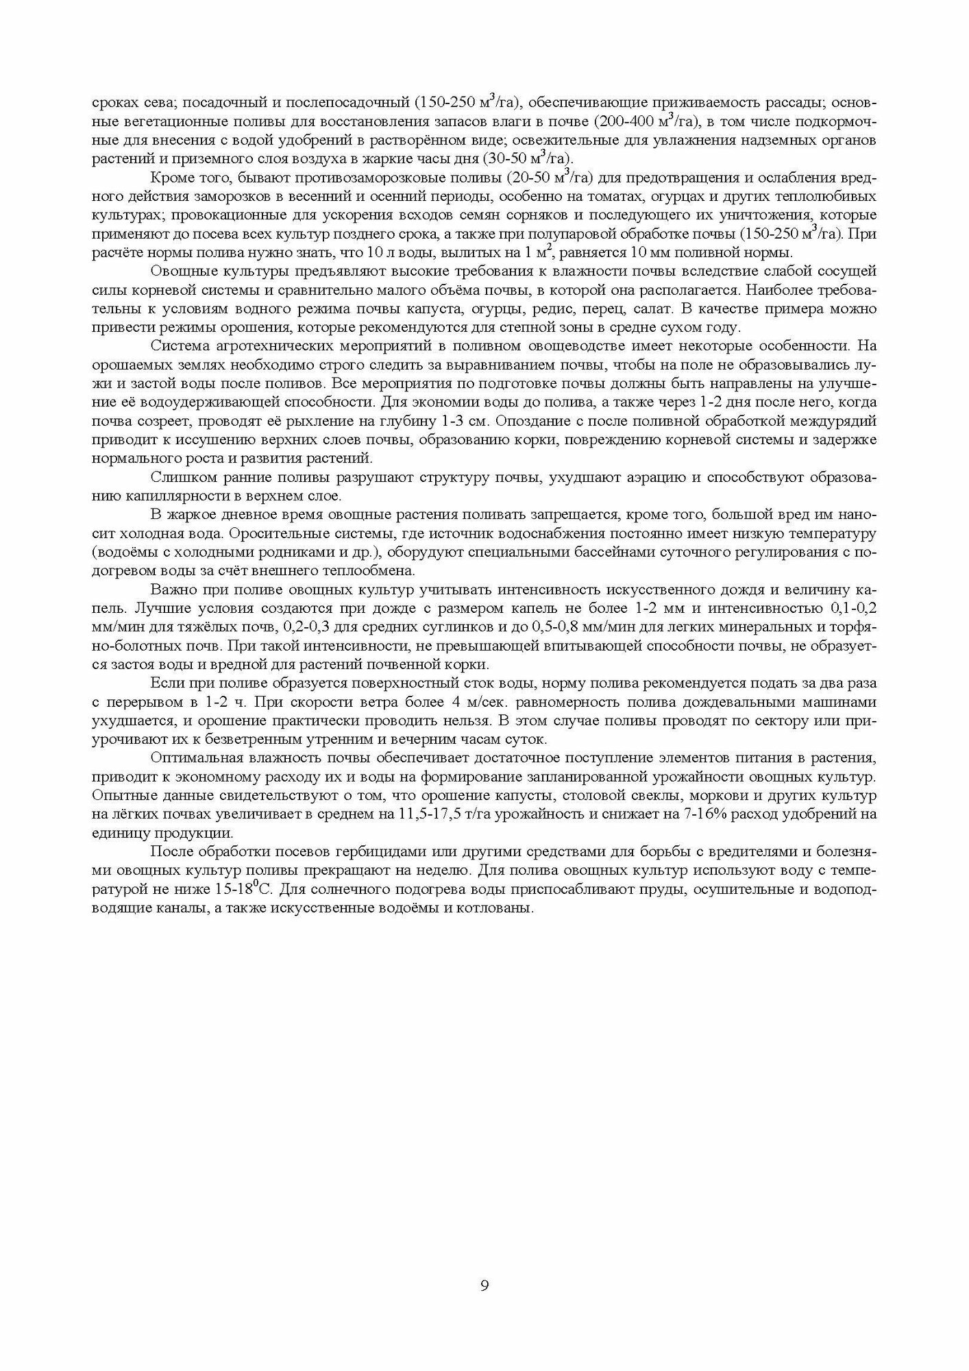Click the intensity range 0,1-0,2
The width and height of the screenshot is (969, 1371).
tap(850, 608)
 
